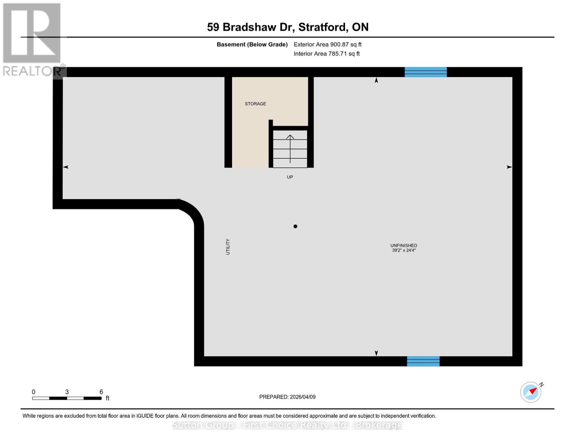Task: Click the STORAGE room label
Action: [255, 104]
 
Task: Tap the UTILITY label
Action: [228, 247]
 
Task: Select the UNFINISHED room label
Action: [404, 245]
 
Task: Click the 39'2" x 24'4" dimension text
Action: [404, 250]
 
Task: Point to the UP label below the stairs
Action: [290, 177]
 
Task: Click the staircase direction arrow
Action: [290, 148]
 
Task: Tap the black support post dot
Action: [295, 226]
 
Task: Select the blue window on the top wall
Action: [425, 72]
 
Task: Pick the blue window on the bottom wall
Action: [423, 361]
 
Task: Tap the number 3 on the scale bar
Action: [67, 392]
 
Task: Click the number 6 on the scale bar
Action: [101, 392]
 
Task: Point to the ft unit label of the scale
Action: [108, 398]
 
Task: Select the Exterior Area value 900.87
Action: [340, 44]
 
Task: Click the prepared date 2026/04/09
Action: [302, 397]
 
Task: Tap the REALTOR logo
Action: [33, 39]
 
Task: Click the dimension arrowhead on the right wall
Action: [509, 167]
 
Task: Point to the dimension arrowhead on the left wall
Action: [66, 167]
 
